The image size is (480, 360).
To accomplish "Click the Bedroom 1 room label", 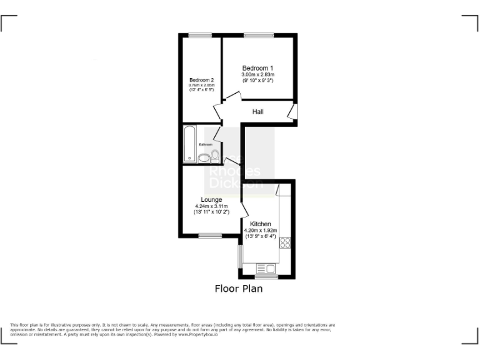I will pos(258,68).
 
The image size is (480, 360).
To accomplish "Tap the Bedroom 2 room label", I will pos(202,80).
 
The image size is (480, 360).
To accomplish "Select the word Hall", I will pos(257,112).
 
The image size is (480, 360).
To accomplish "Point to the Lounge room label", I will pos(211,200).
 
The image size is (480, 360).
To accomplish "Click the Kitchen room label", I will pos(260,224).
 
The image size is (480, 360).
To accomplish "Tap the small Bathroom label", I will pos(206,144).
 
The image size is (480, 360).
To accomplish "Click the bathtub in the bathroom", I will pos(189,144).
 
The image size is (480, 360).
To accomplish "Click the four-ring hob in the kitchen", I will pos(286,242).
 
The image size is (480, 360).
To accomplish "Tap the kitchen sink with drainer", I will pos(266,269).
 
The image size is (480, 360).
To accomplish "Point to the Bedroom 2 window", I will pos(199,35).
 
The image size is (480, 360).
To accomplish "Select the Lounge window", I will pos(210,236).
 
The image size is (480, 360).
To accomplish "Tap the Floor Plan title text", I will pos(239,289).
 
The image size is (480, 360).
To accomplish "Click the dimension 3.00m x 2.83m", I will pos(258,75).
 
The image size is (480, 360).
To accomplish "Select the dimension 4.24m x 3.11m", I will pos(211,207).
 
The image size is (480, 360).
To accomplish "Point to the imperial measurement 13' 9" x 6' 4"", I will pos(260,236).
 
